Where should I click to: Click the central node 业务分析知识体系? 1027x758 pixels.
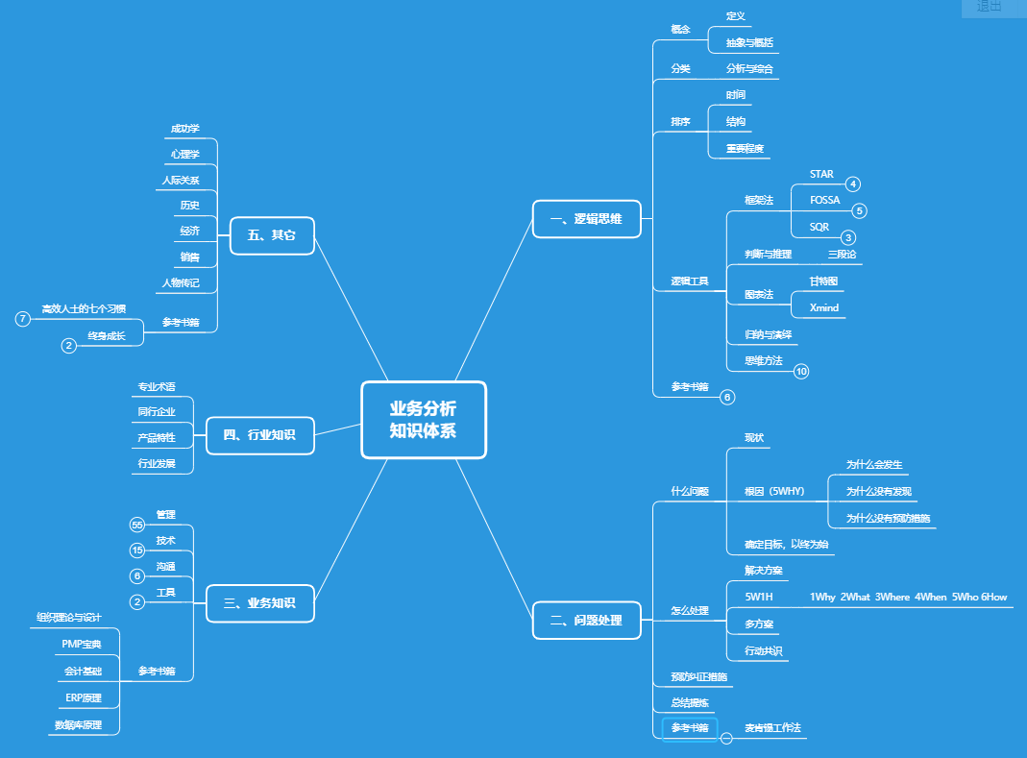click(x=424, y=420)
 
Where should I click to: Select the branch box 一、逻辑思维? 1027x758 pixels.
click(x=586, y=219)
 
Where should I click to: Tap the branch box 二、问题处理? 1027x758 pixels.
click(x=586, y=621)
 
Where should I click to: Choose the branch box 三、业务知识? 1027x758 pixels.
click(x=259, y=603)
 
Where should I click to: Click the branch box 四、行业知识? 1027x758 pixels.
click(x=259, y=435)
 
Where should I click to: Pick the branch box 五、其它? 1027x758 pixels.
click(x=272, y=235)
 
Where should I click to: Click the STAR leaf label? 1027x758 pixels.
click(x=821, y=175)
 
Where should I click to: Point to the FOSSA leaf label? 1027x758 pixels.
click(x=824, y=201)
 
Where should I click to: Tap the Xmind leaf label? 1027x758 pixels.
click(x=823, y=308)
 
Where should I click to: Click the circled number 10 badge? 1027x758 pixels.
click(x=802, y=371)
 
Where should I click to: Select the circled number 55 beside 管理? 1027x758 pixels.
click(x=137, y=525)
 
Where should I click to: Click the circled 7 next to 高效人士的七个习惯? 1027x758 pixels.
click(x=23, y=318)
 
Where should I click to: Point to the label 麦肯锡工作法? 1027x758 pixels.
click(x=773, y=729)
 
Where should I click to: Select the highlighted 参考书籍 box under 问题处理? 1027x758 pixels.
click(x=690, y=728)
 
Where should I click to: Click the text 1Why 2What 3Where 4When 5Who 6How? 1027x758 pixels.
click(x=908, y=598)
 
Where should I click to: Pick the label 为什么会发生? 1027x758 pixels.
click(x=873, y=465)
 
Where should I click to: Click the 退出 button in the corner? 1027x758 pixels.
click(x=990, y=7)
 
